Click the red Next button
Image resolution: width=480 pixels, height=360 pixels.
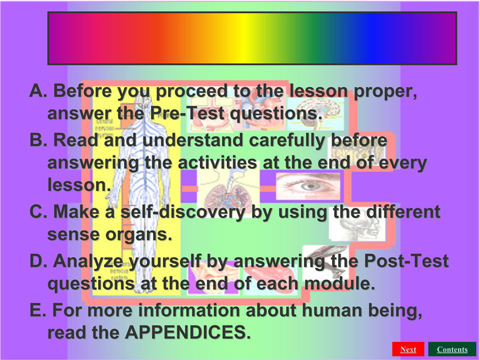408,349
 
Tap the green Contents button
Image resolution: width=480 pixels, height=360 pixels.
452,349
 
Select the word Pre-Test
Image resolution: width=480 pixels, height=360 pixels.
187,113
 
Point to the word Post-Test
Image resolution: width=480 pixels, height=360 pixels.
406,261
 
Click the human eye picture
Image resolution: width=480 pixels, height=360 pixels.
308,186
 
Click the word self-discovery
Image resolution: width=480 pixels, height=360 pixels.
183,212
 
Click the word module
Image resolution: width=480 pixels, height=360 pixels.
339,283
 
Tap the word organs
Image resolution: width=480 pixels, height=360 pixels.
138,235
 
